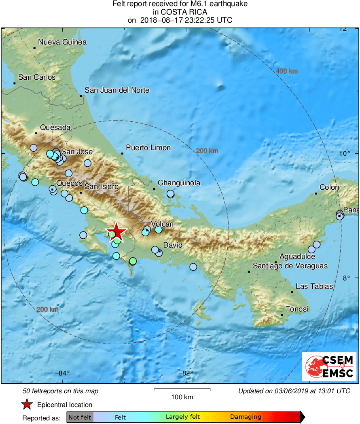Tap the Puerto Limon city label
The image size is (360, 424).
tap(148, 148)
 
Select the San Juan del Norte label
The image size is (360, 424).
tap(117, 90)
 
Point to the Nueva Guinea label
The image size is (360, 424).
tap(62, 42)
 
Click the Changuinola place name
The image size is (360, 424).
tap(179, 183)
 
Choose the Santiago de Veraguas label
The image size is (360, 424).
tap(290, 266)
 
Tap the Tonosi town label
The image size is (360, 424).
tap(297, 309)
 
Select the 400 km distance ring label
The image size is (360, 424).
tap(286, 71)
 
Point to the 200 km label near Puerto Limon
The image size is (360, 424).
tap(207, 151)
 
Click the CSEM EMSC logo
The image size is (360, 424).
tap(329, 367)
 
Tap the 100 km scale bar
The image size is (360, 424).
tap(182, 390)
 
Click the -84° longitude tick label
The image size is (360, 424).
tap(62, 373)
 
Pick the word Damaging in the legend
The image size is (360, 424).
tap(246, 417)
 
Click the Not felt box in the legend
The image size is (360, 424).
tap(80, 417)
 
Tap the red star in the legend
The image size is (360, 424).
tap(27, 404)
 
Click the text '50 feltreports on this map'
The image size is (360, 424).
tap(61, 391)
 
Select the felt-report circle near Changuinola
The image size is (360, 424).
tap(171, 194)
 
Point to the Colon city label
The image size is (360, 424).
tap(329, 187)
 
